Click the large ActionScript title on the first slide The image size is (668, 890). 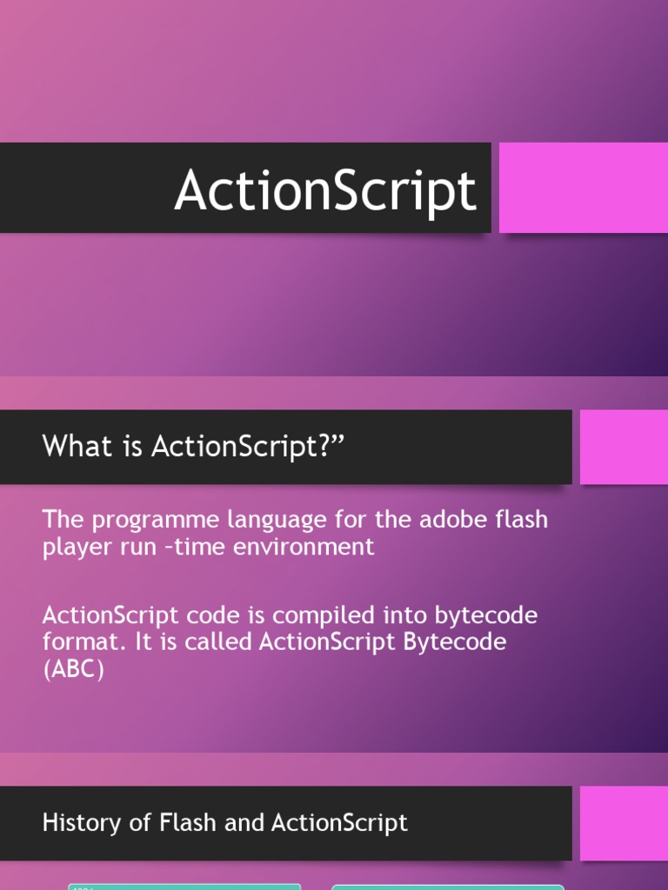click(325, 190)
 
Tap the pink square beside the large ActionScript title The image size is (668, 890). click(583, 188)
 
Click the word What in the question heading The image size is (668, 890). click(77, 447)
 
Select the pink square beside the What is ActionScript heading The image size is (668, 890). click(624, 447)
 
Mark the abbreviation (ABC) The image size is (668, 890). click(74, 670)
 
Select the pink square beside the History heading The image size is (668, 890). click(624, 823)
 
